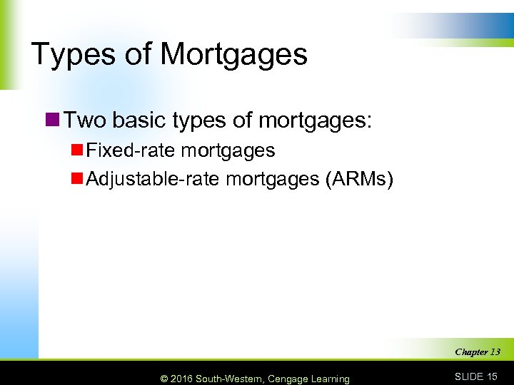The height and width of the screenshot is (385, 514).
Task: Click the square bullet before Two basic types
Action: pos(52,120)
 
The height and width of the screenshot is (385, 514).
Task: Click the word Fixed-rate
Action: pos(131,150)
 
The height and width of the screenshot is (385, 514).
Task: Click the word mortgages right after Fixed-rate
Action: pos(228,150)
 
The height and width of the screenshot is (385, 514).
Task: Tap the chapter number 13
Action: pos(495,351)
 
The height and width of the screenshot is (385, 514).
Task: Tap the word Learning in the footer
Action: pos(330,379)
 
